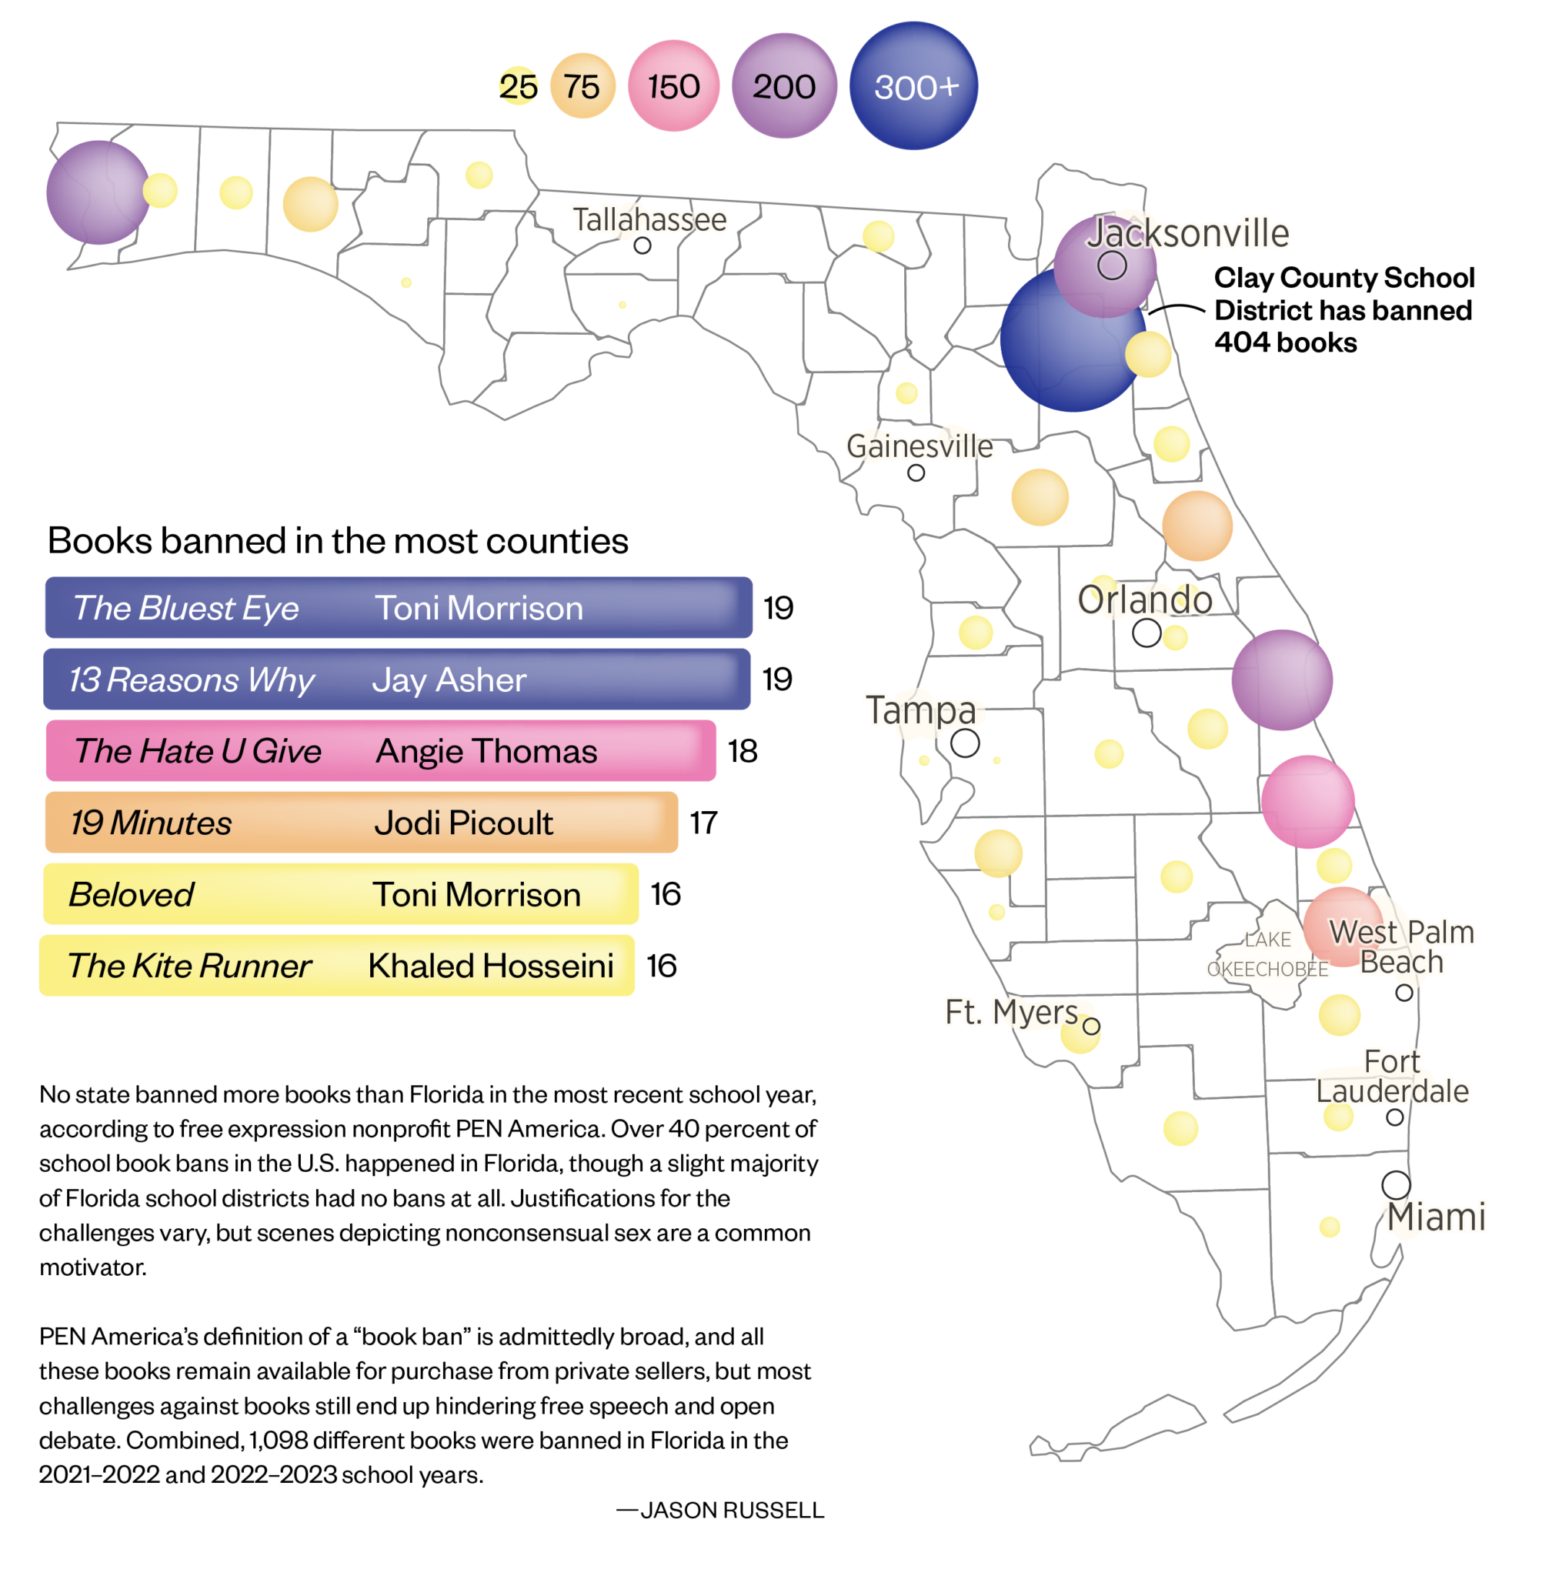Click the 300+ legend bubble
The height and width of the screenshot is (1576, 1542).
[913, 86]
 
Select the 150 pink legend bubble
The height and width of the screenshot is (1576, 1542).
[673, 86]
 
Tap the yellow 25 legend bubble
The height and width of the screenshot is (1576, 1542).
[518, 87]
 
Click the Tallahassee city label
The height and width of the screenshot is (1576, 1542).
[649, 219]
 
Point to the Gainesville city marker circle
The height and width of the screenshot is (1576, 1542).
[916, 473]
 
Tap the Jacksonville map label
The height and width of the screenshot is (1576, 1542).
[1187, 233]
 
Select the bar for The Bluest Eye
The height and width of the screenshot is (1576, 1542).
[399, 607]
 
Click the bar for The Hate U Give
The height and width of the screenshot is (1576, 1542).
[381, 751]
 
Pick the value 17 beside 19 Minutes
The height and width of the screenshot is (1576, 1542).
[703, 823]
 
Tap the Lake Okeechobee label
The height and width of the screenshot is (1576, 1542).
[1267, 954]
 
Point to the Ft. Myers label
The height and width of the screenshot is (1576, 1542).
[1011, 1013]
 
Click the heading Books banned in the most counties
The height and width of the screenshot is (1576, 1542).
[338, 541]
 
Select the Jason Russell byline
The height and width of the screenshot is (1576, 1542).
[721, 1511]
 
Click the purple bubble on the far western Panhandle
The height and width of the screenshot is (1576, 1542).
[98, 192]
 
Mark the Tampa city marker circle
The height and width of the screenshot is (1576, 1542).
[965, 743]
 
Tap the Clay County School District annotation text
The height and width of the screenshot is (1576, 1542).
[1343, 310]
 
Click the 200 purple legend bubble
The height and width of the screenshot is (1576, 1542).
[784, 86]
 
